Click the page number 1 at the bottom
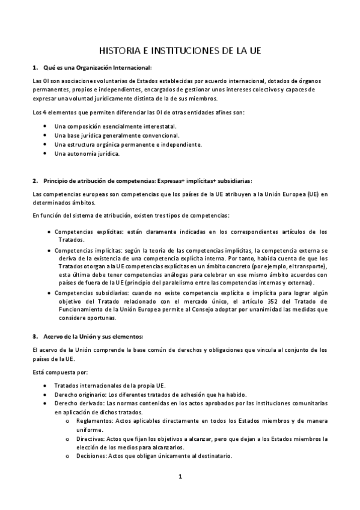(180, 477)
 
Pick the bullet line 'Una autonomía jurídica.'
(87, 153)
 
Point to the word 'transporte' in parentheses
(308, 266)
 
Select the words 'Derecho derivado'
(76, 403)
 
